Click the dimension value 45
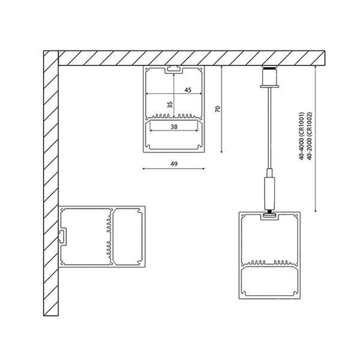(x=188, y=90)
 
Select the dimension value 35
(x=170, y=104)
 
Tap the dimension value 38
(x=174, y=127)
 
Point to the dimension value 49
(x=174, y=164)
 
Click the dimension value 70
(x=218, y=109)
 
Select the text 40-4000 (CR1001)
(x=301, y=136)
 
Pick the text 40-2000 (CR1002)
(x=310, y=136)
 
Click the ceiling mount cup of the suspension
(x=269, y=77)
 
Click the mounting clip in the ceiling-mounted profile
(x=174, y=69)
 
